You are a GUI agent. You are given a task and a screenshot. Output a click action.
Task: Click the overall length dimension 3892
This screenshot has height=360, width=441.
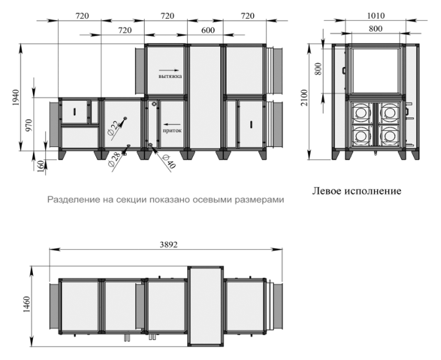[169, 245]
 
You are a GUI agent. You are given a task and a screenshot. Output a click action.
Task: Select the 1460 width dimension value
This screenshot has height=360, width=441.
[26, 305]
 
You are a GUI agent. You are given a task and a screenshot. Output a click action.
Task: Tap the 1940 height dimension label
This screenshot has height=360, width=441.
[15, 97]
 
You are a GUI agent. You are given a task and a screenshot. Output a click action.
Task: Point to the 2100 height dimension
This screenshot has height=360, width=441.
[304, 97]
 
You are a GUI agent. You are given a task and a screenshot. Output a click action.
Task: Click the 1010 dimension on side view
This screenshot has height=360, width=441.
[376, 15]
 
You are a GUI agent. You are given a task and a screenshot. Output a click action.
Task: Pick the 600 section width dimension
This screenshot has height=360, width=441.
[208, 30]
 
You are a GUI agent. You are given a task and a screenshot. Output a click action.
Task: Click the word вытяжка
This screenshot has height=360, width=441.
[170, 76]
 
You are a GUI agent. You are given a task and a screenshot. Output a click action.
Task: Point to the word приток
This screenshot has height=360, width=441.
[172, 130]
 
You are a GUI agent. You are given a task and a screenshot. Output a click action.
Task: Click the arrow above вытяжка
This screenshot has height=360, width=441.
[169, 70]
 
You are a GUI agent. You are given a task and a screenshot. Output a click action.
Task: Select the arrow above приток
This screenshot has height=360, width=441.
[171, 124]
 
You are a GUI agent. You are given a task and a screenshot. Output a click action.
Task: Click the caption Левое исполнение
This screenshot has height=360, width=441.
[356, 191]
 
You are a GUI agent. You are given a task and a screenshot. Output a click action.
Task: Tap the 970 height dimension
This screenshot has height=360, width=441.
[29, 125]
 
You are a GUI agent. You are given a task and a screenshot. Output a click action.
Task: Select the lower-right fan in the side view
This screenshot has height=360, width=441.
[389, 135]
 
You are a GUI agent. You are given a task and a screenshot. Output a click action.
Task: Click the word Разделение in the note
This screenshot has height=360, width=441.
[67, 200]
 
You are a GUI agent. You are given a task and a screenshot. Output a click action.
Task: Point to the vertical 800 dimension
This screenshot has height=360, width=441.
[318, 68]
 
